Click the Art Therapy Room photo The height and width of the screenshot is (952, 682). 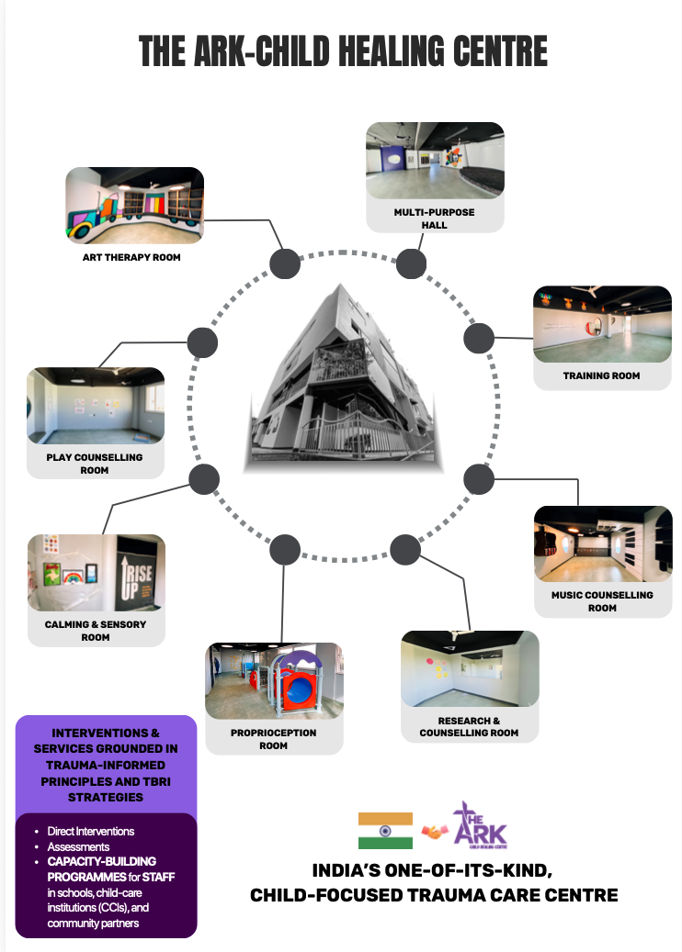click(134, 204)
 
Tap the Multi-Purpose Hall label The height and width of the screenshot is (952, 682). click(434, 218)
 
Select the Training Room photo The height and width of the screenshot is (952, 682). click(602, 323)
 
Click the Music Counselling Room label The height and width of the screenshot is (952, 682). click(602, 601)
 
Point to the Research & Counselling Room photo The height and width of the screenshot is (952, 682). click(470, 668)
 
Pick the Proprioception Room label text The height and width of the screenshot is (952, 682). click(273, 739)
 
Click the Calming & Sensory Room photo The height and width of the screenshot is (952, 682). click(97, 573)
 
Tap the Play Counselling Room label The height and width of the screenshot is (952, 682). click(95, 464)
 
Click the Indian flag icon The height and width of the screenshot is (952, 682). click(385, 830)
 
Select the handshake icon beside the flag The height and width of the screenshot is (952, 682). click(433, 831)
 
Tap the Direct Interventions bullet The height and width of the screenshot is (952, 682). click(91, 831)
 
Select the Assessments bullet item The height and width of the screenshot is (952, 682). click(78, 846)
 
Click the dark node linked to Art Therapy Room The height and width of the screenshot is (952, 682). click(285, 264)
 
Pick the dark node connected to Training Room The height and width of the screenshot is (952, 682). click(478, 339)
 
